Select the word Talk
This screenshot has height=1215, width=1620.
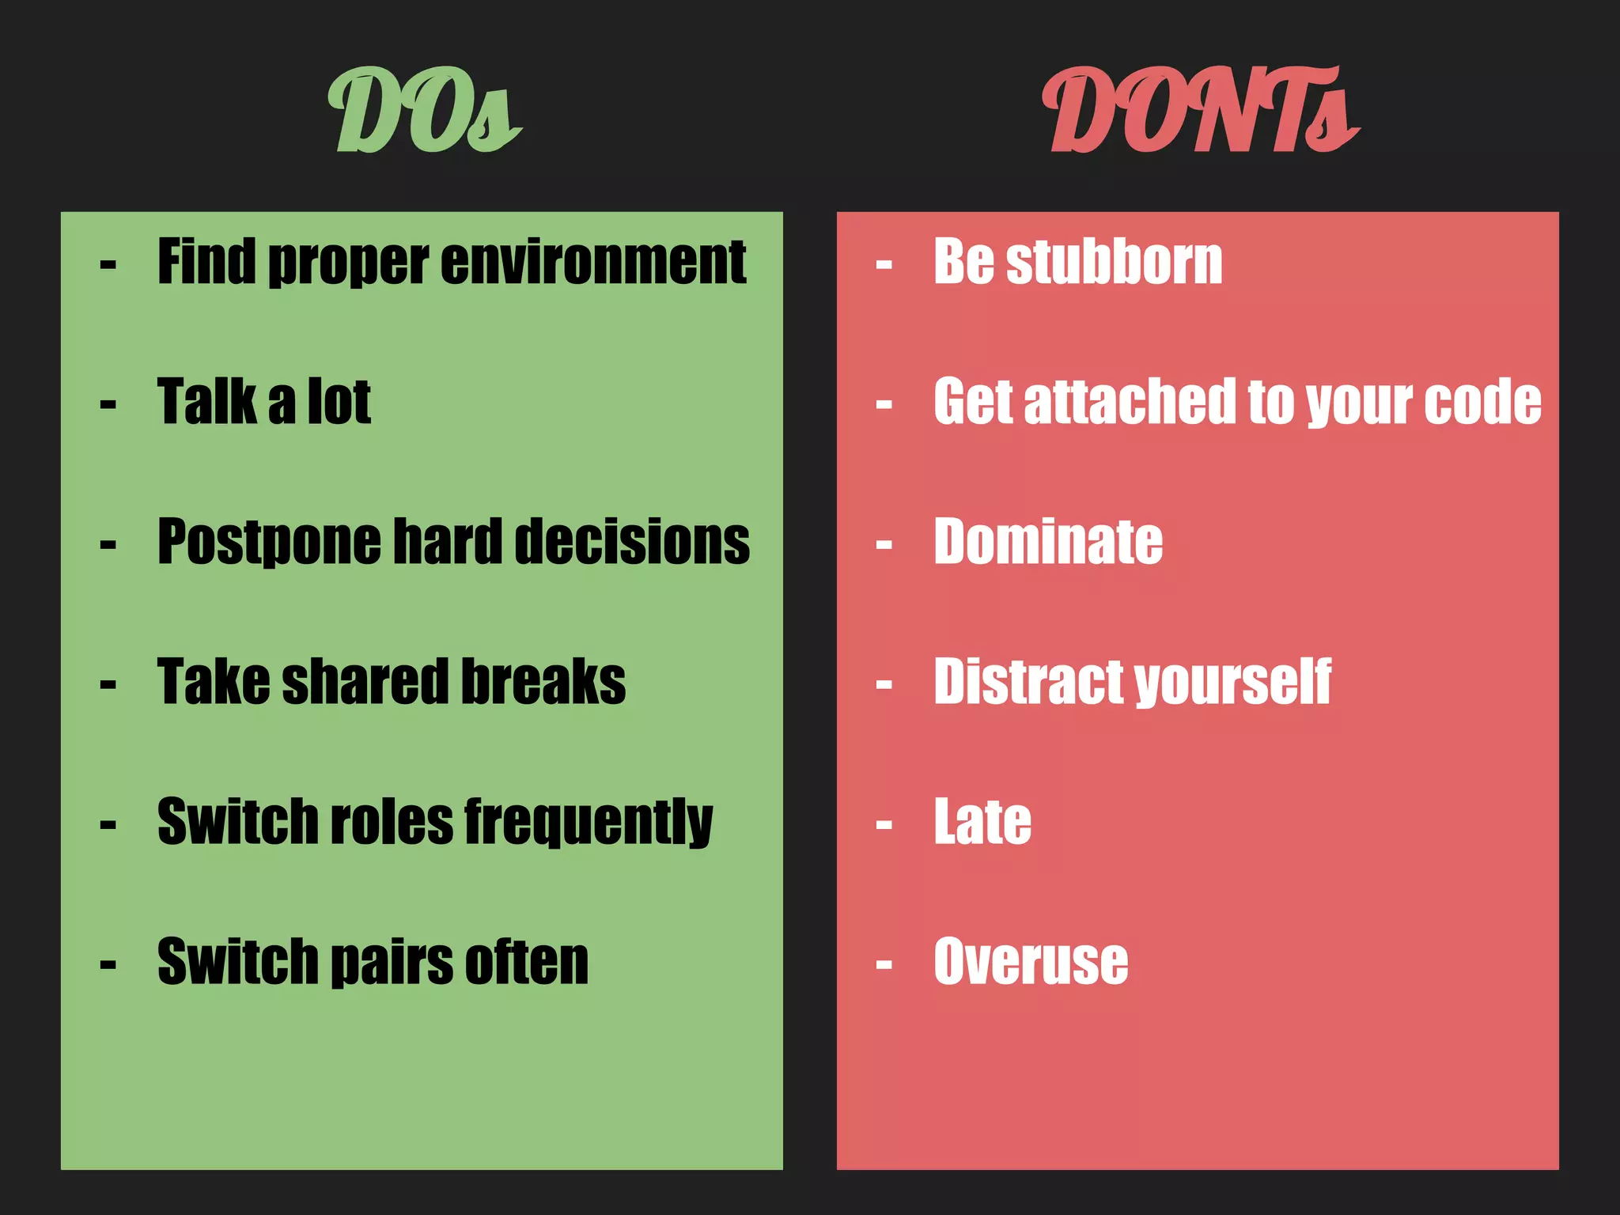tap(206, 402)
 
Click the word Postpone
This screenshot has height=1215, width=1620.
tap(269, 543)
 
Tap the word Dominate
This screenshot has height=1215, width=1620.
tap(1048, 542)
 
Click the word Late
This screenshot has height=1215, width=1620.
tap(982, 823)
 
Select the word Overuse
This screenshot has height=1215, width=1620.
tap(1031, 962)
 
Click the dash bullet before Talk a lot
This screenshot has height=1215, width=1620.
tap(108, 405)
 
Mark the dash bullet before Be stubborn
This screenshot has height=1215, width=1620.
tap(884, 265)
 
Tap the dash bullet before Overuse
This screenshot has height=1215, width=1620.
tap(884, 965)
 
